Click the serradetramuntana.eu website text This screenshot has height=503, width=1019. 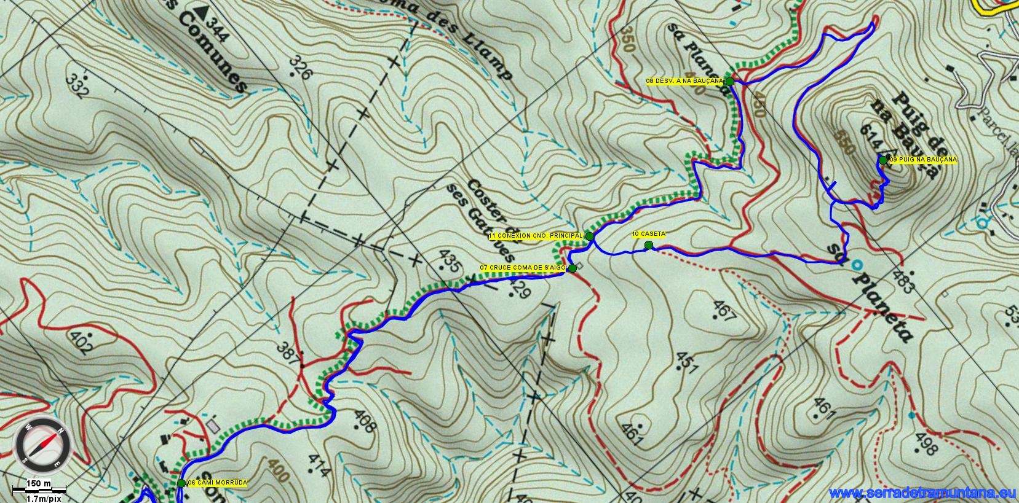[922, 493]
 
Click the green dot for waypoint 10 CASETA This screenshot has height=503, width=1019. [648, 245]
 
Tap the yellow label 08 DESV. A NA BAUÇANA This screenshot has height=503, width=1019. [684, 81]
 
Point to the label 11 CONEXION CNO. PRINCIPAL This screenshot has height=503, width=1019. [536, 236]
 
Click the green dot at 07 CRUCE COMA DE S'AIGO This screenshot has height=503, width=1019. [573, 268]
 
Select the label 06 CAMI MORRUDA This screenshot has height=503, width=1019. [217, 483]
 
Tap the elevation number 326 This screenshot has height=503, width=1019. [301, 68]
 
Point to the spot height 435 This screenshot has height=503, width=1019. [450, 262]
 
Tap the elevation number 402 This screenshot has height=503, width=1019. [82, 343]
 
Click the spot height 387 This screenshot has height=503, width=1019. [288, 353]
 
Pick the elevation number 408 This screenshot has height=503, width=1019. [364, 422]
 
